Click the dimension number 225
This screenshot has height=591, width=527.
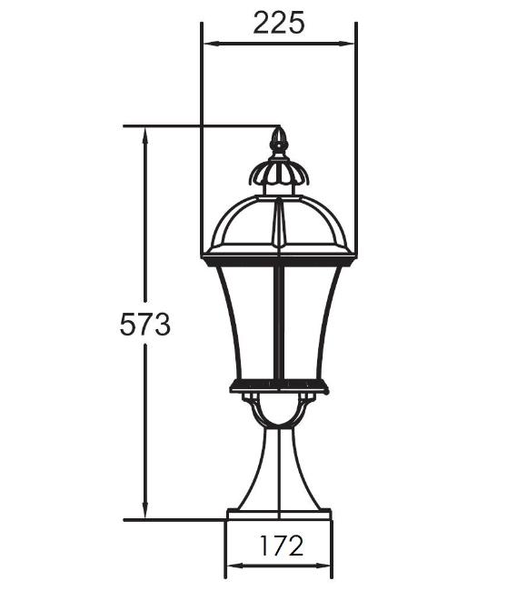coord(278,23)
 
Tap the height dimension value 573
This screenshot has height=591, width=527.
coord(145,325)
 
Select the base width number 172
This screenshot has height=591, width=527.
coord(282,546)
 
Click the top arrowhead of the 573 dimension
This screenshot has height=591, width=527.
coord(144,135)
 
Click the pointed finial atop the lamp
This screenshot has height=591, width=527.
coord(279,140)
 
